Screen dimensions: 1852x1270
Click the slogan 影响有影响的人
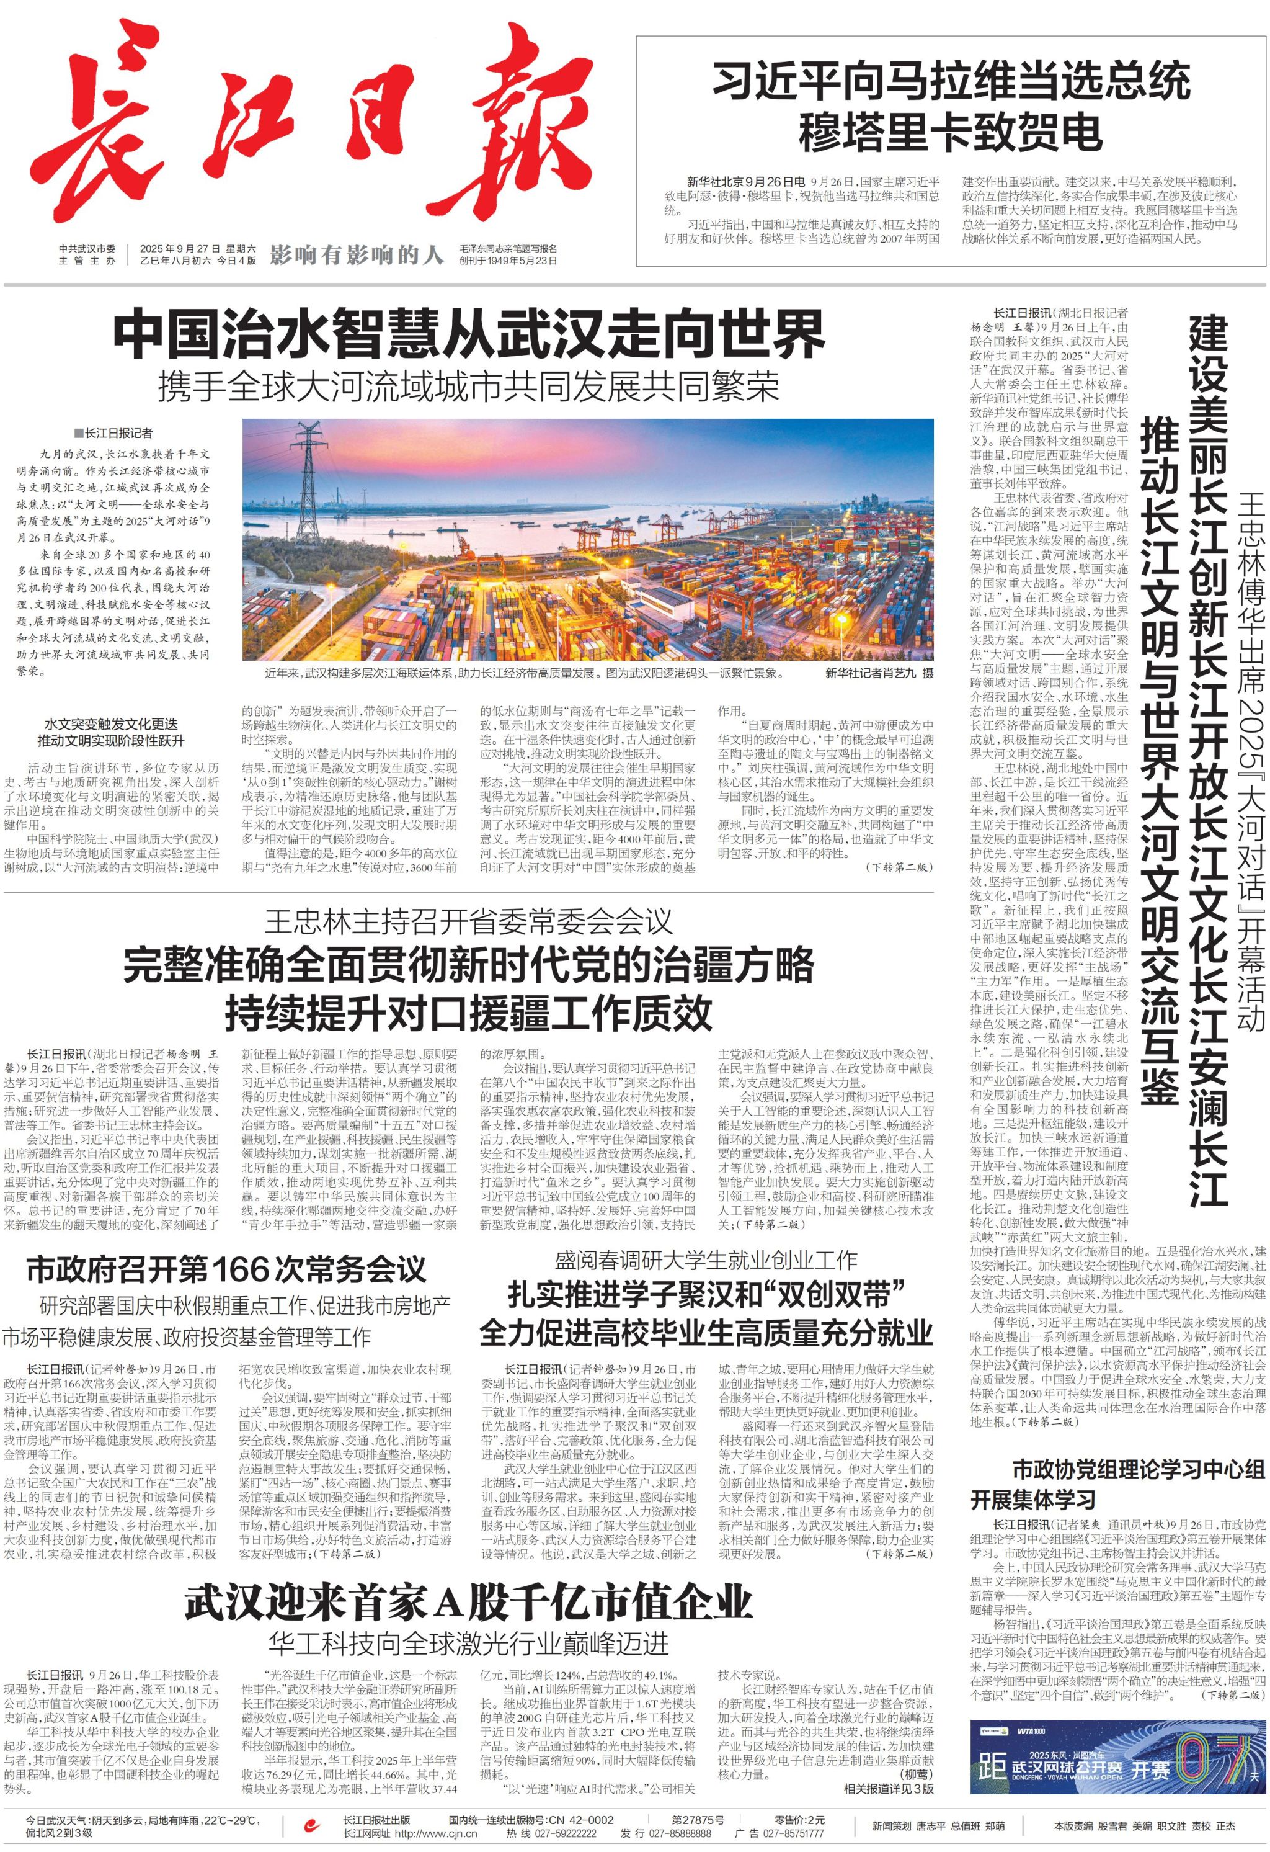(356, 255)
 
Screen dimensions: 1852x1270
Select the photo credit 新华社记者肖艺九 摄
(879, 673)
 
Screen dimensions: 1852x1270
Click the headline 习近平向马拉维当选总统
(951, 82)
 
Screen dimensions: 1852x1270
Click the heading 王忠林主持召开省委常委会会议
(468, 922)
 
